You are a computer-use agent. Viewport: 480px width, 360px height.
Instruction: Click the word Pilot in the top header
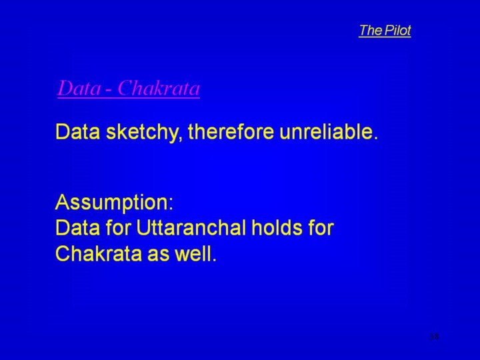(x=397, y=30)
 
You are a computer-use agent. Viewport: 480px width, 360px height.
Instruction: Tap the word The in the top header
(x=371, y=30)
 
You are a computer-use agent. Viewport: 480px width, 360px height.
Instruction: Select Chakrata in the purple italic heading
(x=159, y=88)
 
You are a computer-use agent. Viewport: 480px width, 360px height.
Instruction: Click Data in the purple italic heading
(x=79, y=88)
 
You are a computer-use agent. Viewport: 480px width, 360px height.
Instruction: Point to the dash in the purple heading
(x=109, y=90)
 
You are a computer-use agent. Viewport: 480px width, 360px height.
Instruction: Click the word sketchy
(x=141, y=132)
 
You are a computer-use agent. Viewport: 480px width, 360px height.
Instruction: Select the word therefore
(x=231, y=131)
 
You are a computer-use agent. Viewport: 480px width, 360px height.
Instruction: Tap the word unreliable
(x=329, y=131)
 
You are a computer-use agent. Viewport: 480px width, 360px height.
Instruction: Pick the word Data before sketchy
(x=78, y=131)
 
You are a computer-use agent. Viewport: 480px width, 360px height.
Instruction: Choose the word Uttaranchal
(x=191, y=228)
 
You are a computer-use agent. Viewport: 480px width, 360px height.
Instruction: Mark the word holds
(x=277, y=228)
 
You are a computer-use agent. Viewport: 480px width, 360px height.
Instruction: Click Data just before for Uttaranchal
(x=78, y=228)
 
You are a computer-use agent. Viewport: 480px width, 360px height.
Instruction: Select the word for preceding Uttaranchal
(x=119, y=228)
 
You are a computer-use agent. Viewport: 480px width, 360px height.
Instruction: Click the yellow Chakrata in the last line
(x=99, y=253)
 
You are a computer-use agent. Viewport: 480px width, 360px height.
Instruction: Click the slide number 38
(x=434, y=337)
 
